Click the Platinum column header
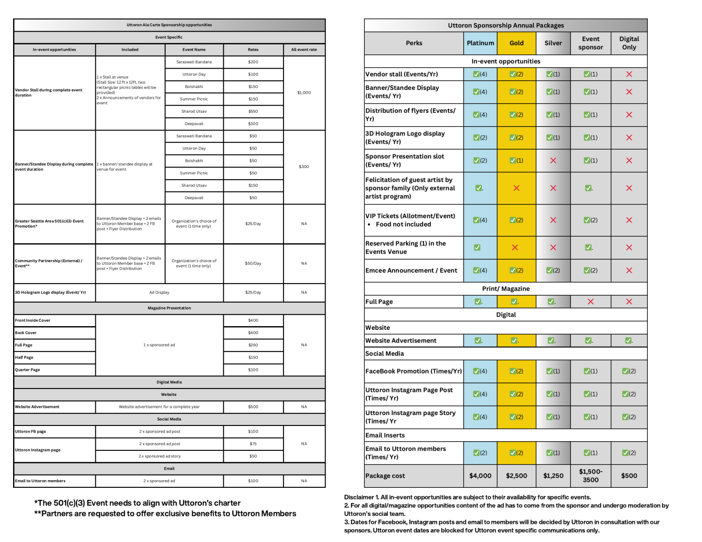480,43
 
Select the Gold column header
516,43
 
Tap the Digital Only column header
629,43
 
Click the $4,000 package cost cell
480,476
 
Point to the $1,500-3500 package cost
590,476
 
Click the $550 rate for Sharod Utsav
253,111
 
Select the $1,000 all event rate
304,93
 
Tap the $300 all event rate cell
304,167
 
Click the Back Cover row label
26,333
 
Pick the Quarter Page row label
28,370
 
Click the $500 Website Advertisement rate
253,407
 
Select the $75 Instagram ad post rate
253,444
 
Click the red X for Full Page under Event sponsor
590,302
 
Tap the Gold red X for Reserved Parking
516,248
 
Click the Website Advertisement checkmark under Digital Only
629,341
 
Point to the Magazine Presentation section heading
169,308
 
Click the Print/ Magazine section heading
506,289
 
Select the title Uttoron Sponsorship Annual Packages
506,25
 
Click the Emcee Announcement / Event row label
411,271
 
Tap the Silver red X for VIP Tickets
553,220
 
